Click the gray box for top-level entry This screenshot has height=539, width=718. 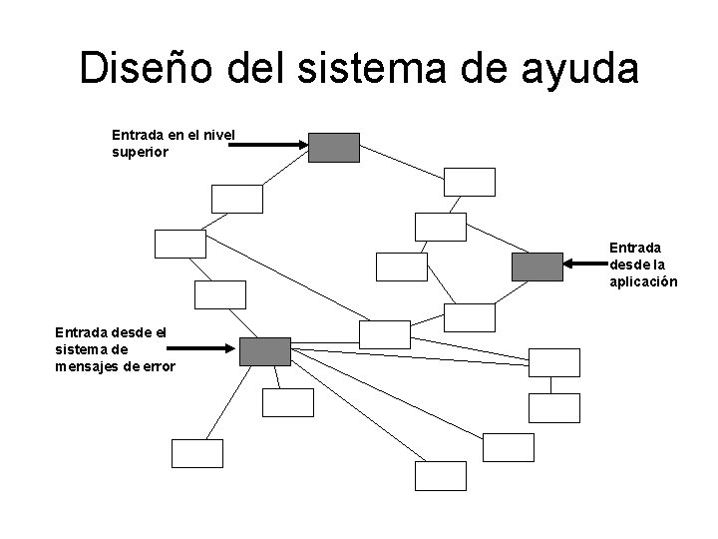tap(333, 147)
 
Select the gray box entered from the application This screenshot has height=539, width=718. tap(538, 266)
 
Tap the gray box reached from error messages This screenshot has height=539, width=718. tap(265, 351)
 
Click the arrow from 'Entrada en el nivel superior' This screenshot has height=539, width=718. tap(269, 145)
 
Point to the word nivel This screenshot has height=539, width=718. tap(218, 134)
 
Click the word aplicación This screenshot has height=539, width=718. tap(643, 281)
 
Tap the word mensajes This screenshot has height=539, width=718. tap(91, 366)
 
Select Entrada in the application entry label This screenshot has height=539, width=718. tap(637, 246)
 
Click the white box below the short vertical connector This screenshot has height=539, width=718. tap(553, 406)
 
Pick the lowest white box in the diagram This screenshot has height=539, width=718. tap(440, 476)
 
